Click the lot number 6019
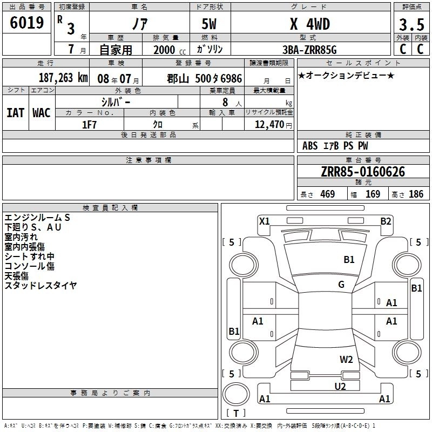(26, 23)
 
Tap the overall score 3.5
(411, 24)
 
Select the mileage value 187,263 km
(63, 78)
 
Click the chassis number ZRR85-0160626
(363, 172)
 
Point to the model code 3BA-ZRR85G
(309, 50)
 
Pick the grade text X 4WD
(310, 24)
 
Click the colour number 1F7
(89, 125)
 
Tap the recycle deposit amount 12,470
(269, 125)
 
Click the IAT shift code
(15, 113)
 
